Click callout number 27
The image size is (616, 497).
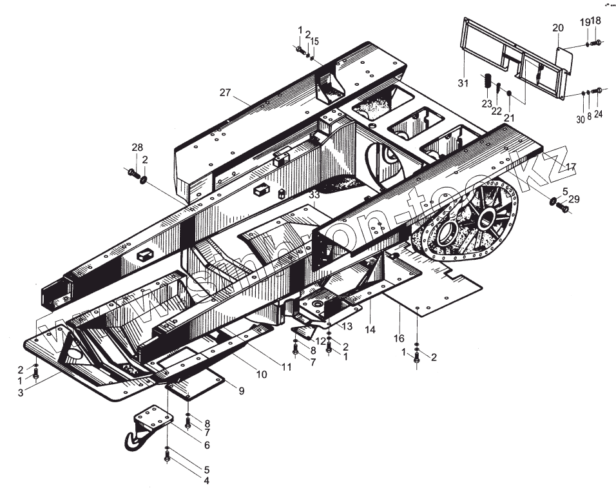coord(224,92)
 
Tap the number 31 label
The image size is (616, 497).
coord(464,83)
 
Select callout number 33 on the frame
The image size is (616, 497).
coord(314,194)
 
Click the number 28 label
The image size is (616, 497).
coord(137,148)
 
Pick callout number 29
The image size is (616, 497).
coord(573,199)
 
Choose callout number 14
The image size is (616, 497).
coord(370,329)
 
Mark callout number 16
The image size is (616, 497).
coord(399,338)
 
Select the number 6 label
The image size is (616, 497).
coord(207,444)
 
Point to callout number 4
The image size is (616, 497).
coord(207,480)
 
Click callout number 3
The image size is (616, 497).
coord(21,393)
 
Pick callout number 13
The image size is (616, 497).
coord(347,326)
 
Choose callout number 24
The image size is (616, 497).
coord(598,114)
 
